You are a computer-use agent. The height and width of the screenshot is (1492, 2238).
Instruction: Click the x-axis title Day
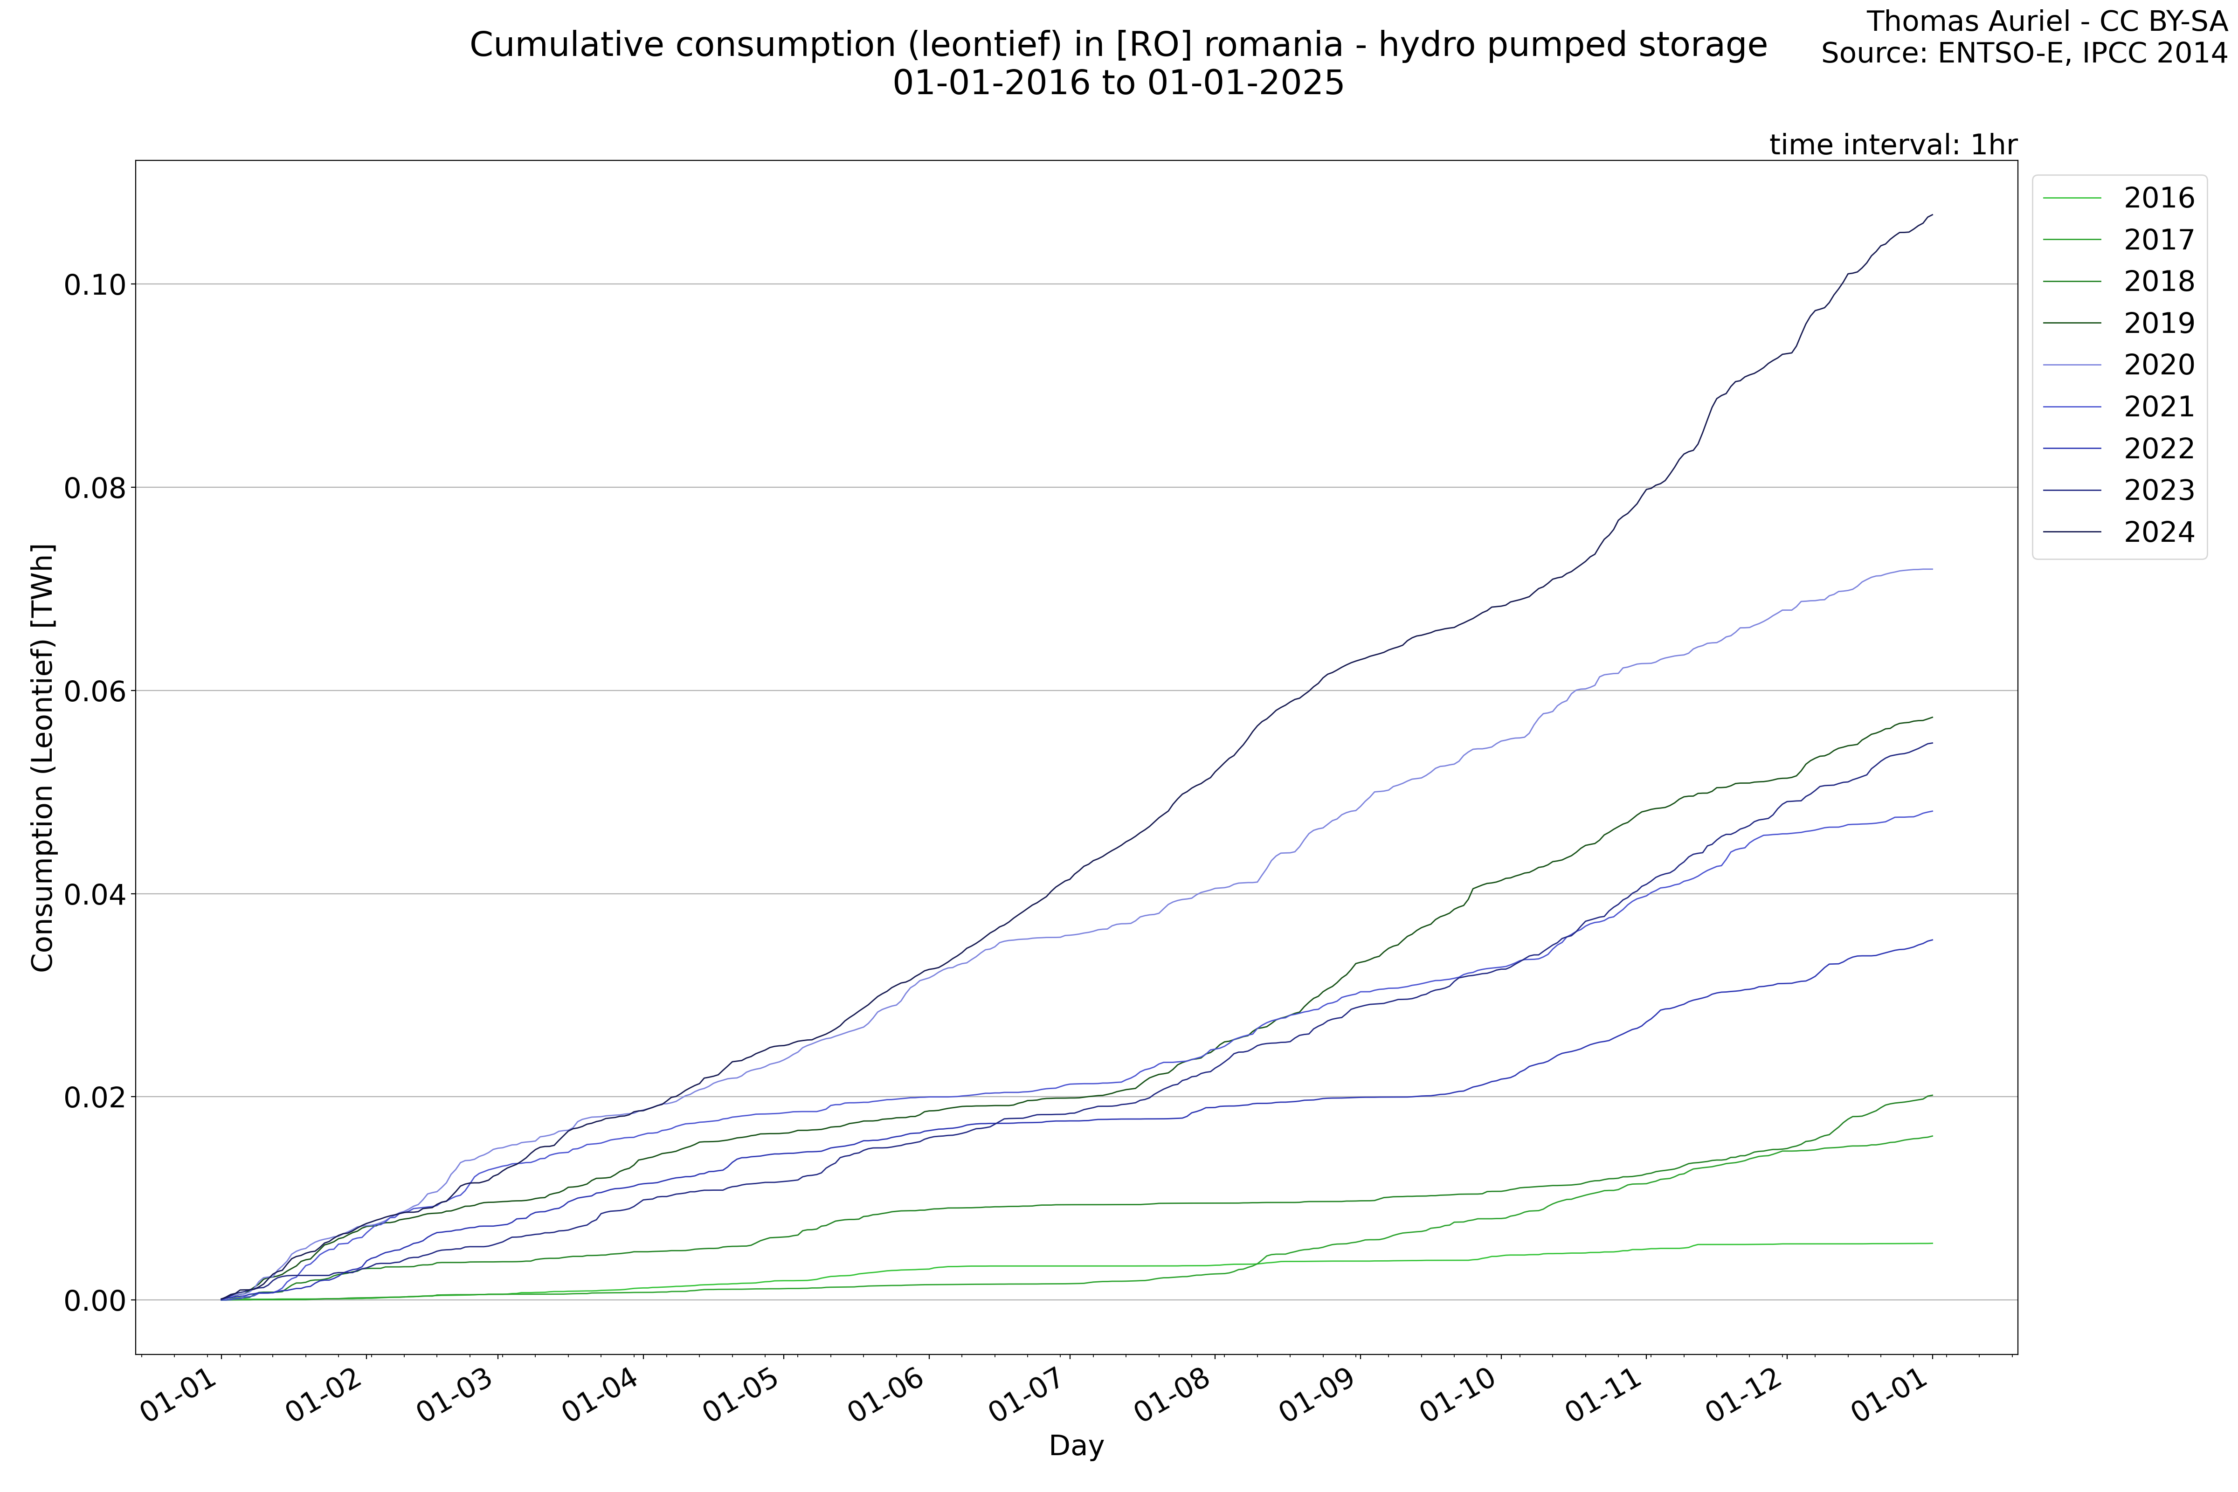coord(1076,1446)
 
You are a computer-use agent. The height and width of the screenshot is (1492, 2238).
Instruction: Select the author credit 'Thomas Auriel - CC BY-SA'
coord(2046,21)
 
